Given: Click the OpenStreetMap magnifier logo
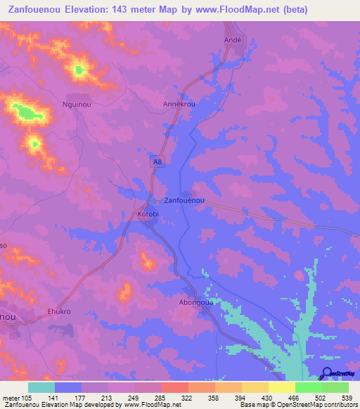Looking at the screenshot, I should pyautogui.click(x=327, y=373).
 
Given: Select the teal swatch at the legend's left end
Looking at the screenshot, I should pyautogui.click(x=41, y=387).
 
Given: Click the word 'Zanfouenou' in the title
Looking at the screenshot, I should pyautogui.click(x=32, y=9).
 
